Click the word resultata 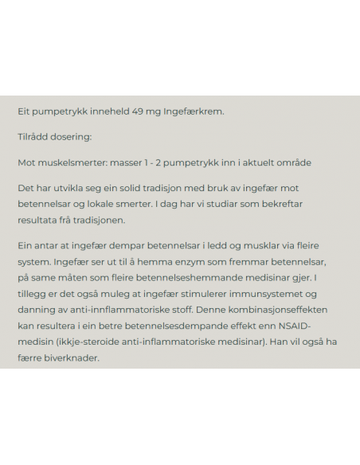[x=40, y=219]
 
